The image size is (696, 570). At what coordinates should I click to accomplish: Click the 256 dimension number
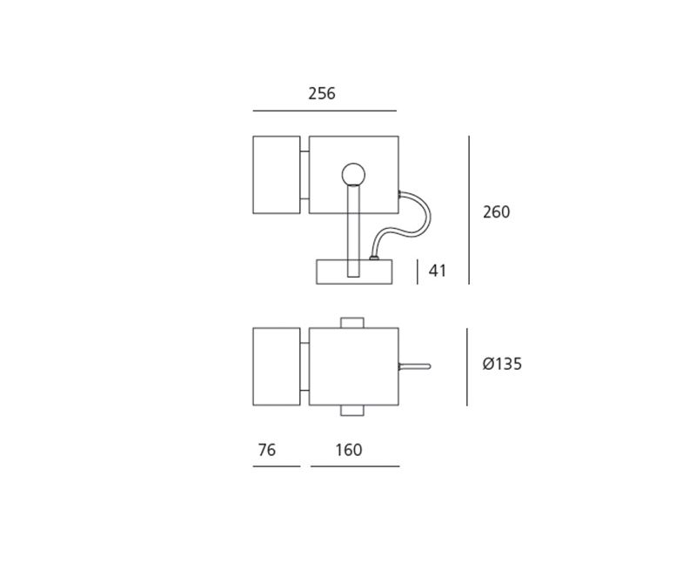pos(322,94)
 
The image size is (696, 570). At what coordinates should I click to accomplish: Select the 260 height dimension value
pos(496,212)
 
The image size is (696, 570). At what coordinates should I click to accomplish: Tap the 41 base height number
pos(438,271)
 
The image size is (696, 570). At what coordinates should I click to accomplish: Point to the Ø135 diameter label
pos(502,364)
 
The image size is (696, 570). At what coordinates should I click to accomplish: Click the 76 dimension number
pos(267,450)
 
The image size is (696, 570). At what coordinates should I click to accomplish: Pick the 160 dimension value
pos(349,450)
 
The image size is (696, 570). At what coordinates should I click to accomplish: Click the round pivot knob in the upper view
pos(353,174)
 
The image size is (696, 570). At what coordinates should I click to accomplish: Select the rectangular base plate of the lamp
pos(354,272)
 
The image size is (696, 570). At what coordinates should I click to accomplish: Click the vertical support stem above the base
pos(353,231)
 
